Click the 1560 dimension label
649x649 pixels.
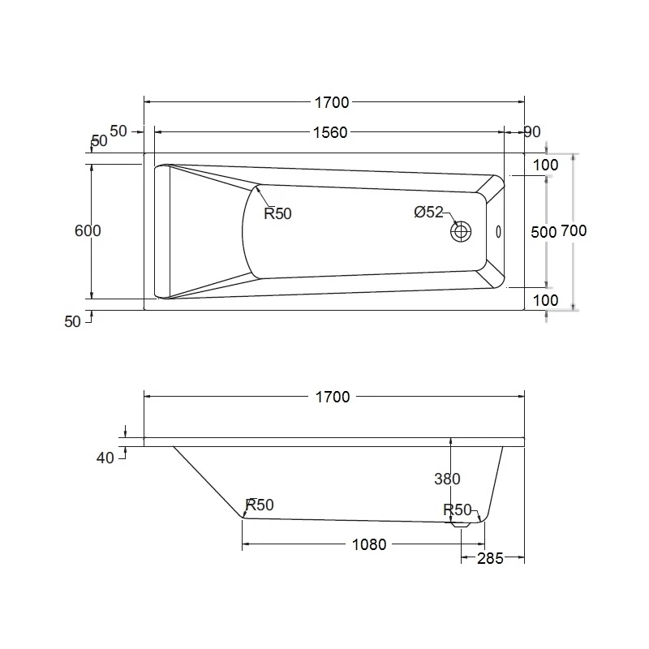(x=331, y=132)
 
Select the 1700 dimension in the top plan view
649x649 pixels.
(x=332, y=102)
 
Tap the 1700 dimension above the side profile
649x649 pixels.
(x=332, y=397)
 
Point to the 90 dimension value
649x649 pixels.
(x=532, y=132)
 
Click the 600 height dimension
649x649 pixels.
(x=88, y=230)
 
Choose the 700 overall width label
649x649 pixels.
(x=574, y=230)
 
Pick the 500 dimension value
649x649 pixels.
(x=543, y=231)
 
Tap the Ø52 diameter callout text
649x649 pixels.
(x=428, y=212)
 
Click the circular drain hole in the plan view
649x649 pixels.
(x=462, y=231)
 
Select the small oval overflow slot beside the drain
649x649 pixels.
(x=498, y=232)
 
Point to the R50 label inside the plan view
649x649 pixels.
(x=277, y=214)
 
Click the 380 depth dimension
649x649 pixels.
(x=448, y=479)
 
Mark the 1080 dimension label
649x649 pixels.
(x=370, y=544)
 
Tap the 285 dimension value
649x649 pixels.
(x=491, y=557)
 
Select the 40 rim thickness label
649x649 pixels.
(x=105, y=458)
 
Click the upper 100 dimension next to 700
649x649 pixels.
(x=546, y=165)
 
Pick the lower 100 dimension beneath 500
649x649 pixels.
(x=546, y=300)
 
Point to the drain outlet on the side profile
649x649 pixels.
(x=461, y=525)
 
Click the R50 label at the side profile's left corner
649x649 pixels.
(x=260, y=505)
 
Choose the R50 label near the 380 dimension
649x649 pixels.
(x=458, y=509)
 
